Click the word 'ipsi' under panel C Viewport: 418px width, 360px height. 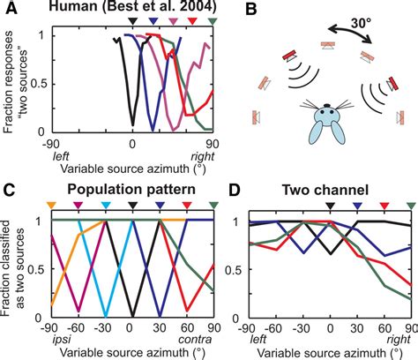pos(55,339)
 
